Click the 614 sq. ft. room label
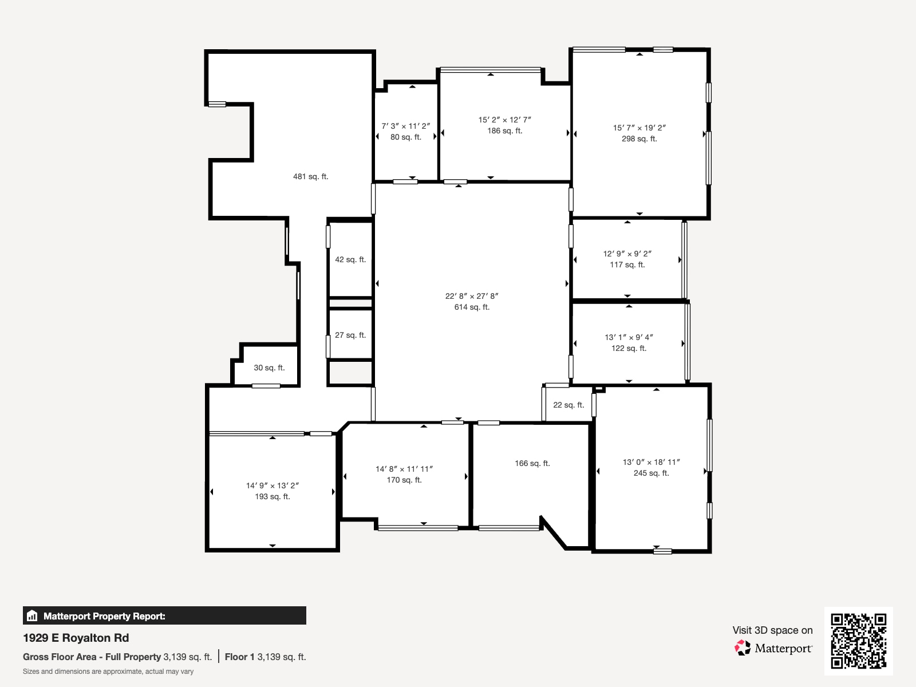point(472,307)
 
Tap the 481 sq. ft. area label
point(310,177)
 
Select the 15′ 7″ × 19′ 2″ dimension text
point(639,128)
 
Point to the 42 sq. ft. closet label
point(350,260)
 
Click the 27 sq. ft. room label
point(350,335)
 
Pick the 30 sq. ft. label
point(269,368)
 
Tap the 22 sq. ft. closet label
point(568,405)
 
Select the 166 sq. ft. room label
point(532,464)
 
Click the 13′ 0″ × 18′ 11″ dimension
point(651,462)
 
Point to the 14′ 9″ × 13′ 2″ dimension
point(273,485)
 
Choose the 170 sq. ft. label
point(404,480)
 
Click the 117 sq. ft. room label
point(627,265)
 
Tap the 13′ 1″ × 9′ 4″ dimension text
point(629,337)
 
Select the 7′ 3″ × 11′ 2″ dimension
point(406,126)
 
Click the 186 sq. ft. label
point(504,131)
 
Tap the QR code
point(858,641)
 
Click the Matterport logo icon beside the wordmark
point(743,648)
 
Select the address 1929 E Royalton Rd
point(76,638)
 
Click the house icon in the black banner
point(32,616)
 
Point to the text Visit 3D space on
point(772,630)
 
